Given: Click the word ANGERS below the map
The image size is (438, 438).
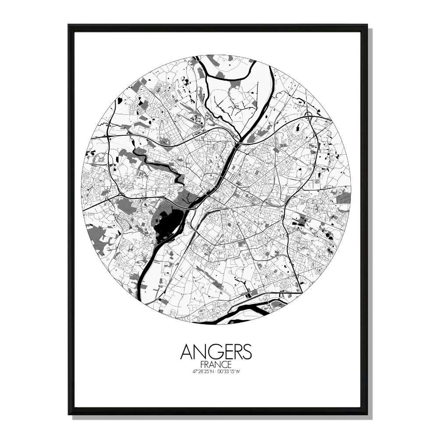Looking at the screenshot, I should click(x=216, y=351).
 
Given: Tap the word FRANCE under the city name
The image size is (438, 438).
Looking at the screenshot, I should click(x=215, y=364).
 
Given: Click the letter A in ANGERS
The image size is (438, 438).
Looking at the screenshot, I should click(x=187, y=351).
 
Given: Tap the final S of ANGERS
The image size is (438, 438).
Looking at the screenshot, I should click(x=247, y=351).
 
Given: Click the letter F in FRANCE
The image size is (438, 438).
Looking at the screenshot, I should click(x=201, y=364).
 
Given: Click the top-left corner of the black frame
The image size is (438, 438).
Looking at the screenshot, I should click(x=69, y=25).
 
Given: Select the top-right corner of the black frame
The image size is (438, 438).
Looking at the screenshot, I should click(x=367, y=25).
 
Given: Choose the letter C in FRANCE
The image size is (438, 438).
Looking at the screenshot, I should click(x=223, y=364).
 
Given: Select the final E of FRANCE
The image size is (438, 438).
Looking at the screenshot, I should click(x=230, y=364).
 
